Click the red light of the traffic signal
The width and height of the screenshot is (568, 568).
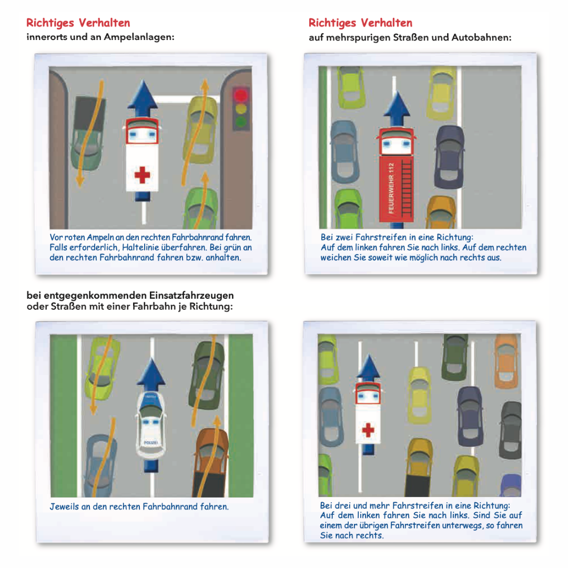click(x=240, y=95)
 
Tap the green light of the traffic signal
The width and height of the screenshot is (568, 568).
click(x=240, y=121)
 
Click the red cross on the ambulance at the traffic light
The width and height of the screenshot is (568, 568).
click(x=142, y=175)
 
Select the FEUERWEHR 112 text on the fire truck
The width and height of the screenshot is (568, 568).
click(x=391, y=188)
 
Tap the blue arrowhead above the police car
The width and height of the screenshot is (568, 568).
click(x=151, y=371)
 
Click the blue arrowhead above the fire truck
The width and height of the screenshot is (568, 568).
click(x=397, y=104)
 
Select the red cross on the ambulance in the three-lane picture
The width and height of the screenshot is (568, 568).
click(x=368, y=430)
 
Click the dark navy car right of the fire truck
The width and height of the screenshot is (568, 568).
click(x=449, y=157)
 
